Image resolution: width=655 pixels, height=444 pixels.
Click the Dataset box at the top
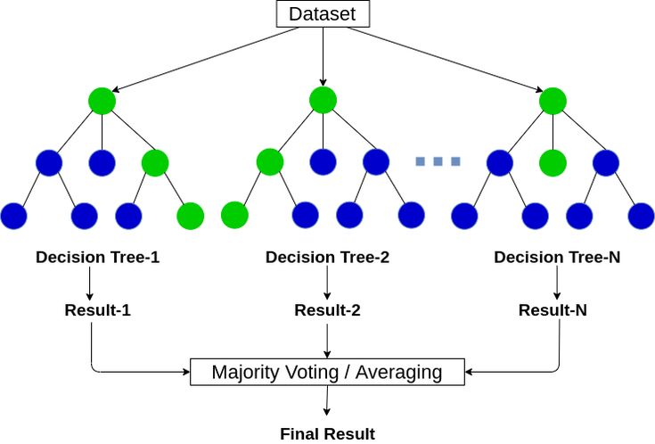(322, 14)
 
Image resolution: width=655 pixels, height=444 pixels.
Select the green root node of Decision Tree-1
(102, 101)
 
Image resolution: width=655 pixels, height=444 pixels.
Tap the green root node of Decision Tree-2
(323, 101)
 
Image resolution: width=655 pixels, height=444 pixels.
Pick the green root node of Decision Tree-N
(553, 101)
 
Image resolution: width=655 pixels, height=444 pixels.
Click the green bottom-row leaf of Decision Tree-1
(190, 216)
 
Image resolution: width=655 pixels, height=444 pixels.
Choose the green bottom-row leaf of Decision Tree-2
(234, 216)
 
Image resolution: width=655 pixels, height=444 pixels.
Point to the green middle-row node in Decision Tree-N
(553, 162)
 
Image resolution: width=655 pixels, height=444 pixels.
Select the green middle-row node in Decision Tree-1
(155, 162)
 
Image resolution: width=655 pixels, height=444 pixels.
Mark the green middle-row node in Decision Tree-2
(270, 162)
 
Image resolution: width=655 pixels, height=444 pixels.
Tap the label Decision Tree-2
(327, 258)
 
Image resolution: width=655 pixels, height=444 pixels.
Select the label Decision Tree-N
(557, 258)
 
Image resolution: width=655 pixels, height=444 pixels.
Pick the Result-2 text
(327, 310)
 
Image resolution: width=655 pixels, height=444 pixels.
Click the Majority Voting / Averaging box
(326, 371)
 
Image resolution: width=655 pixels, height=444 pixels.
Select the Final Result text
(327, 434)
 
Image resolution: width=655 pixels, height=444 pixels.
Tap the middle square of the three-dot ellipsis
(438, 161)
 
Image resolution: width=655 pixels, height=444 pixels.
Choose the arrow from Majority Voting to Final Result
(327, 402)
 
